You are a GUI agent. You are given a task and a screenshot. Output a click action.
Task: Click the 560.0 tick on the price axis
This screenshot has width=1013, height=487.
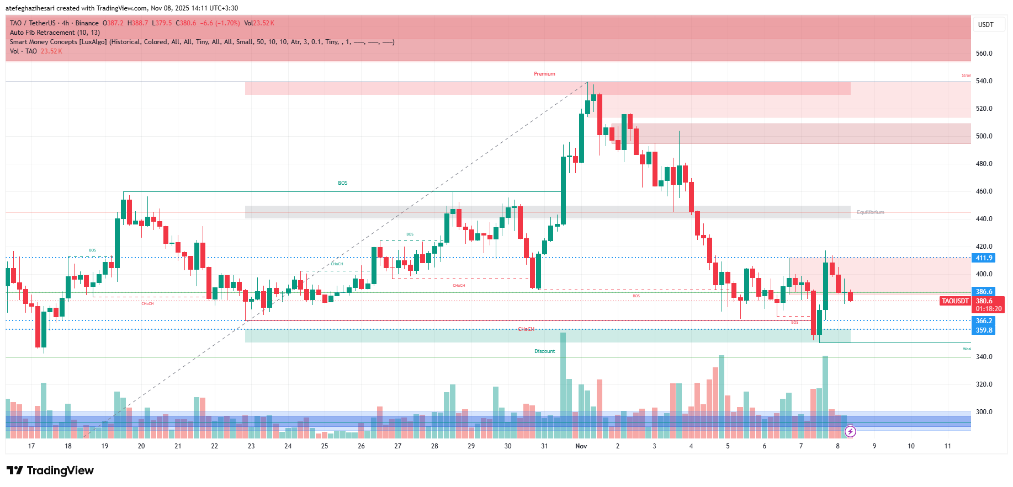coord(984,53)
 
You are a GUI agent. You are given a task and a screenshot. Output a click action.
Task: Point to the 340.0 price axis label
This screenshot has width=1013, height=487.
coord(984,357)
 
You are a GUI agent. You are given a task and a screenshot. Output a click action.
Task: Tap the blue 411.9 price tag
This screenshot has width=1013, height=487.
coord(984,258)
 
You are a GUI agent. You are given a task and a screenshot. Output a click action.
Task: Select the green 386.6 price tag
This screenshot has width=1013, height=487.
coord(984,292)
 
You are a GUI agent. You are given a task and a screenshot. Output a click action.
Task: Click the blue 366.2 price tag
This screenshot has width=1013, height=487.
coord(984,321)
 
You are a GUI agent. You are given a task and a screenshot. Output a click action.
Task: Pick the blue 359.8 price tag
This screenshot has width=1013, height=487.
coord(984,330)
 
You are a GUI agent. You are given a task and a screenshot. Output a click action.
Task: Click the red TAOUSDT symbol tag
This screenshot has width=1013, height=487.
coord(955,301)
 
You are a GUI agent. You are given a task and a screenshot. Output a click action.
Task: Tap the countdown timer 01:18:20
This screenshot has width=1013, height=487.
coord(989,309)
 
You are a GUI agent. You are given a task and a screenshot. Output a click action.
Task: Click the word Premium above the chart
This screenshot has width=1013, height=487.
coord(544,74)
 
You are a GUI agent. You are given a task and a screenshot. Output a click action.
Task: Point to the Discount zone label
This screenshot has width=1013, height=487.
coord(544,351)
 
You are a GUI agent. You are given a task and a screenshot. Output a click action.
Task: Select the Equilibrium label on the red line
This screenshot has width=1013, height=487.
coord(870,212)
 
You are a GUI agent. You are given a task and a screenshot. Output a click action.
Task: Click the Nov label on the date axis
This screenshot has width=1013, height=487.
coord(581,446)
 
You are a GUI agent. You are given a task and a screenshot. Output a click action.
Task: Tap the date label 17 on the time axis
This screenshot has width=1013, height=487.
coord(31,446)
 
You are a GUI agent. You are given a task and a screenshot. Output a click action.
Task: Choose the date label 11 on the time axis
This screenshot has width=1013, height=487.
coord(947,446)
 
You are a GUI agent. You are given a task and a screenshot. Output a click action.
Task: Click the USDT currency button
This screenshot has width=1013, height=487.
coord(985,25)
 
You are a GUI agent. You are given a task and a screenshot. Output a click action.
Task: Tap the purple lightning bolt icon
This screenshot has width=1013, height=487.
coord(850,432)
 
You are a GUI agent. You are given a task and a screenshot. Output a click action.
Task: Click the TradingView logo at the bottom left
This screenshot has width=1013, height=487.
coord(50,470)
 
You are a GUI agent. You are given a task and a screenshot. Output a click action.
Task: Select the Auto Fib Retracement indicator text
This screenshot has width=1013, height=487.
coord(55,33)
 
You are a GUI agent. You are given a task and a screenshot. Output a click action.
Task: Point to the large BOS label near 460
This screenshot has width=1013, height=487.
coord(343,183)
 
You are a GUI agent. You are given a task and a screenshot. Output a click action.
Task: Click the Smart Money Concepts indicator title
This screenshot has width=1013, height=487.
coord(58,42)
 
